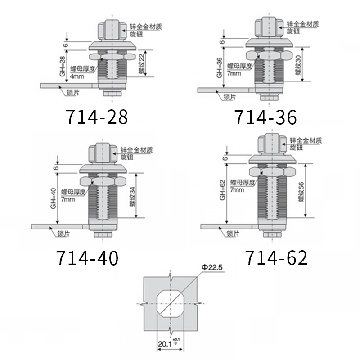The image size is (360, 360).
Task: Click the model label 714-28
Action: (x=97, y=117)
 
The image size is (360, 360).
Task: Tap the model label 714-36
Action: (x=265, y=117)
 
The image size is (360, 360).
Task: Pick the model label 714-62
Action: (x=276, y=258)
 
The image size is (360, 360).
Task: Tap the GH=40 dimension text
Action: (x=53, y=198)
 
